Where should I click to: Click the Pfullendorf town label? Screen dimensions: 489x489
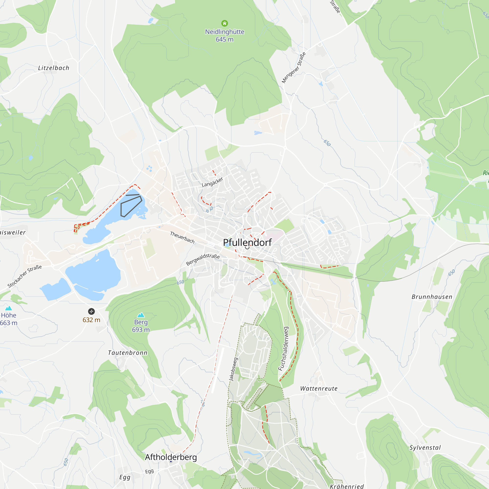[x=247, y=243]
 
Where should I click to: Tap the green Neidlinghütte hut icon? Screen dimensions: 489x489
[x=224, y=23]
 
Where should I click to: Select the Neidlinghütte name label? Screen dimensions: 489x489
[x=224, y=32]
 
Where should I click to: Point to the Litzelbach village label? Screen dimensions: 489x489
[x=54, y=68]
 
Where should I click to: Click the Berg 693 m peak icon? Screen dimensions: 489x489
[x=141, y=315]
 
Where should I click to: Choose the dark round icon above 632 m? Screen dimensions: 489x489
[x=91, y=311]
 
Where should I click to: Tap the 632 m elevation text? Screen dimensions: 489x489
[x=91, y=320]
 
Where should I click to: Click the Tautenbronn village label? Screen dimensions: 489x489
[x=128, y=353]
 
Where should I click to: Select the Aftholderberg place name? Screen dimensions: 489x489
[x=171, y=457]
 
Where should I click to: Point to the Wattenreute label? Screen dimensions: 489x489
[x=319, y=389]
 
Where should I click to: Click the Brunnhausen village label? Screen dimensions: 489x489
[x=432, y=297]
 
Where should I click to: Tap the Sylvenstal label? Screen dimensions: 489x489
[x=425, y=447]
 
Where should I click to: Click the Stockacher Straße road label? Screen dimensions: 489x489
[x=24, y=276]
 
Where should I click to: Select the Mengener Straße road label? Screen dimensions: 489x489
[x=294, y=67]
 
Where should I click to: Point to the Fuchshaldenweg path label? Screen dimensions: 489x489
[x=283, y=349]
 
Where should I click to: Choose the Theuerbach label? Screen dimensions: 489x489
[x=182, y=237]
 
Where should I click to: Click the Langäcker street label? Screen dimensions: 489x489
[x=212, y=182]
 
